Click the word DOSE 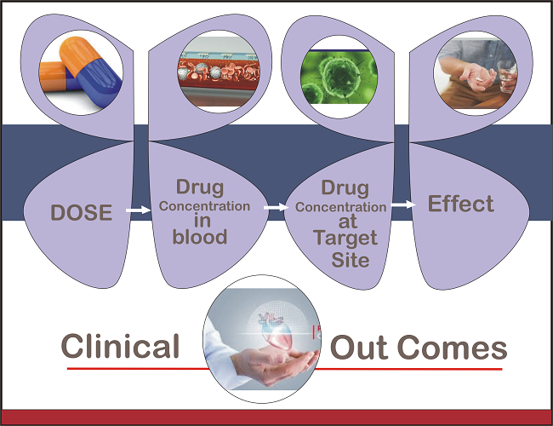point(82,212)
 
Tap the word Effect point(461,204)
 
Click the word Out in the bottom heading point(360,348)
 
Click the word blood point(200,238)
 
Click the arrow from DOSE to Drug point(134,209)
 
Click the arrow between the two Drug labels point(275,207)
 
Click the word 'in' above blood point(200,221)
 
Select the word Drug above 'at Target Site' point(345,188)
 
